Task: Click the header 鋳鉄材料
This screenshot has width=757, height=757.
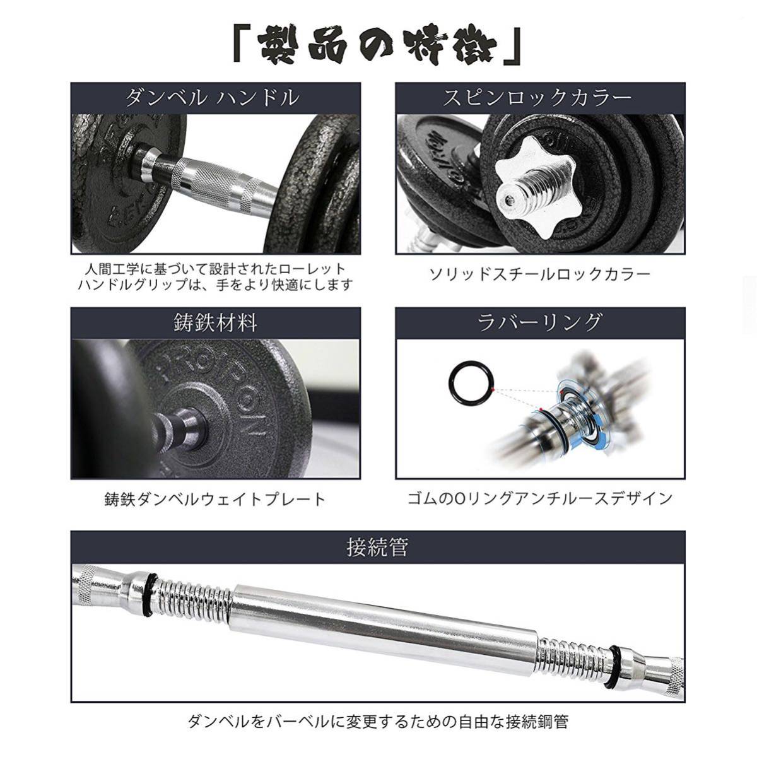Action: pos(215,322)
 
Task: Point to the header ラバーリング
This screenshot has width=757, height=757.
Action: pos(539,322)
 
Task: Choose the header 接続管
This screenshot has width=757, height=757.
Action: pos(377,546)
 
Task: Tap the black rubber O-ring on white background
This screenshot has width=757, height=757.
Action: pos(468,382)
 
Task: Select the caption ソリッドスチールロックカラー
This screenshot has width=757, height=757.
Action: pos(539,274)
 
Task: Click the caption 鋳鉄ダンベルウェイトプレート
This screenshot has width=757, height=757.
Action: pos(215,500)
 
